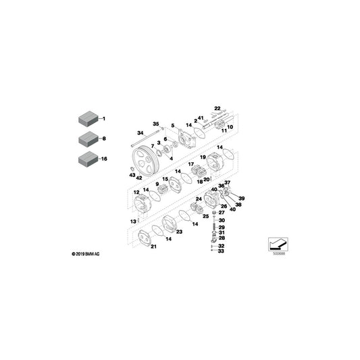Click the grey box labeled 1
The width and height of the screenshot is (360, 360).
pyautogui.click(x=88, y=118)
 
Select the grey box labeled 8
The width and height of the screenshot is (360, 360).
pyautogui.click(x=88, y=138)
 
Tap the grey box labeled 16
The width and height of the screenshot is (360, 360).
pyautogui.click(x=88, y=159)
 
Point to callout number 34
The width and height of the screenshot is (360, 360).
pyautogui.click(x=140, y=133)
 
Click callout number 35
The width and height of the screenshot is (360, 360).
pyautogui.click(x=156, y=124)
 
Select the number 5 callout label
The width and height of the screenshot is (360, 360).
pyautogui.click(x=173, y=126)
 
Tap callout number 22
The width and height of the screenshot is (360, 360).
pyautogui.click(x=217, y=108)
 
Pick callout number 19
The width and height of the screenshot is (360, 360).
pyautogui.click(x=203, y=157)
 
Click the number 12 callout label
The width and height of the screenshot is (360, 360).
pyautogui.click(x=136, y=192)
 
